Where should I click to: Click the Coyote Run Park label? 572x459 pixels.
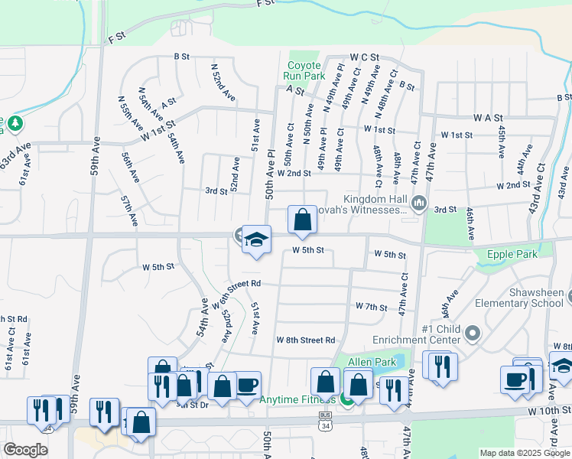[304, 70]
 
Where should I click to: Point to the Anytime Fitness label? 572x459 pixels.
[297, 399]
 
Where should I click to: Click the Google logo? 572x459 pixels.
[25, 450]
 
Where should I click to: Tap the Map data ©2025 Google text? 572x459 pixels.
[524, 453]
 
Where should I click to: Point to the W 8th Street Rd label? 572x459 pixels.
[306, 340]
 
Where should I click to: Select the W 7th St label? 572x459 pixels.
[372, 306]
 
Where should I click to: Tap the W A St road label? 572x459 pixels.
[487, 118]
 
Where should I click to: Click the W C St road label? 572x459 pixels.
[365, 57]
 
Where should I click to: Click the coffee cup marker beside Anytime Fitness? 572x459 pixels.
[247, 385]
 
